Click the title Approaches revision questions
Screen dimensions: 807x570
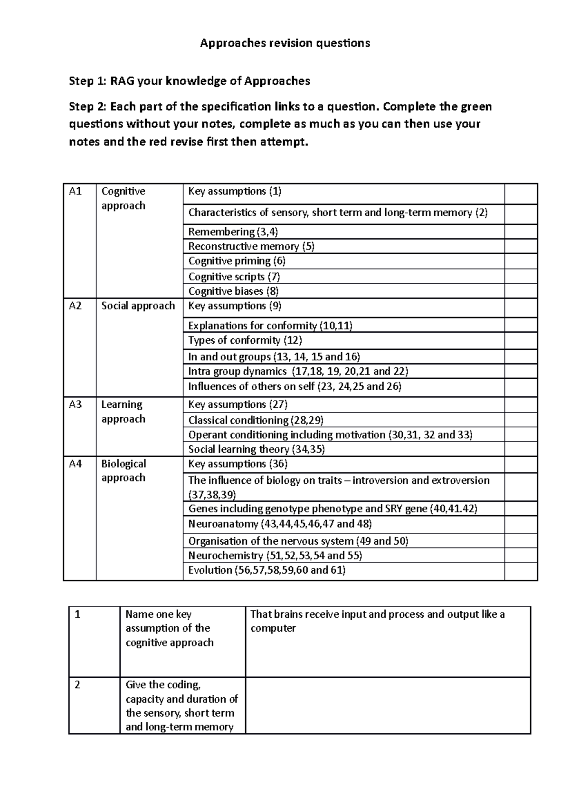[x=285, y=43]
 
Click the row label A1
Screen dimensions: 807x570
[x=76, y=192]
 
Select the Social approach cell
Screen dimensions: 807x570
[x=138, y=306]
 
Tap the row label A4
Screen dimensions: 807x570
[x=76, y=464]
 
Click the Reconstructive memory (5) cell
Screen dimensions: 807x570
[x=252, y=246]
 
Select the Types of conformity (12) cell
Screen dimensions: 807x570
[x=245, y=340]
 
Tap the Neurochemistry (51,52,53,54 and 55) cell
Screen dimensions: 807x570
[x=275, y=556]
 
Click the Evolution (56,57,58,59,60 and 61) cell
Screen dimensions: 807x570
[x=267, y=570]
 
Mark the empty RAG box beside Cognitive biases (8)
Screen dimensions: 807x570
[x=521, y=291]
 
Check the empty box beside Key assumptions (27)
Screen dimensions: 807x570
[x=521, y=405]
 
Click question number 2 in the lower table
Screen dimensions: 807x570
[x=77, y=685]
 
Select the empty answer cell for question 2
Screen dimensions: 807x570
[x=388, y=706]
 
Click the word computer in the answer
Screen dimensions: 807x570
[x=273, y=628]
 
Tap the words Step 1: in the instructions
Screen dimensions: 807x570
[x=88, y=81]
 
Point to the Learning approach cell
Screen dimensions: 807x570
[x=123, y=412]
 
